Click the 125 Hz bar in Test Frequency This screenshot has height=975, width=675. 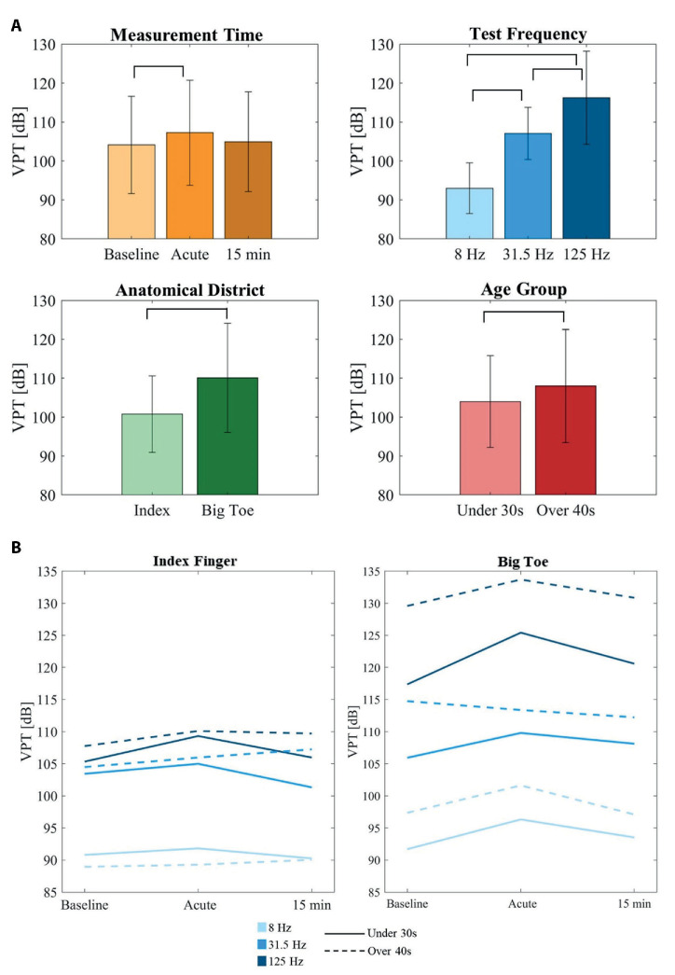tap(585, 168)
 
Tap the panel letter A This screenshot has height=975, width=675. tap(16, 25)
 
